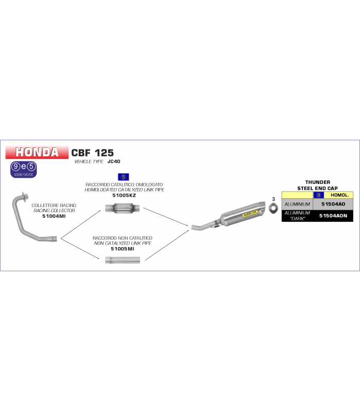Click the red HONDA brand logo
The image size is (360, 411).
[37, 152]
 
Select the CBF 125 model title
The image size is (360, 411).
[93, 153]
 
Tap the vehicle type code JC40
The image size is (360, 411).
[114, 161]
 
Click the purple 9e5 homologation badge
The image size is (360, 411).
[23, 170]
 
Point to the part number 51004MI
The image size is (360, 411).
[54, 216]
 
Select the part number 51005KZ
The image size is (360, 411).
[124, 195]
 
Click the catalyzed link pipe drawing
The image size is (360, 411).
[122, 209]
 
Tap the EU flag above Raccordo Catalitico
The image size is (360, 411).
[123, 177]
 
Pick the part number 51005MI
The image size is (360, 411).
[122, 249]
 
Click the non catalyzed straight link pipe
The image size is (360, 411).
[122, 260]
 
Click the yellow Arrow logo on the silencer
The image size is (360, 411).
[250, 213]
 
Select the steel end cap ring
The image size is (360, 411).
[273, 208]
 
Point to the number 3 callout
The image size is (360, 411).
[274, 199]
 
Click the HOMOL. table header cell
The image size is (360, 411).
[339, 195]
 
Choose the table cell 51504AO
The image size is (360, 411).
[333, 204]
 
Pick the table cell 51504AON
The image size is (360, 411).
[333, 216]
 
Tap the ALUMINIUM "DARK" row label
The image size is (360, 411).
[297, 216]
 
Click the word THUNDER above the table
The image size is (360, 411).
[318, 182]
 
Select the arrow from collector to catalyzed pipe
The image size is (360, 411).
[81, 225]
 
